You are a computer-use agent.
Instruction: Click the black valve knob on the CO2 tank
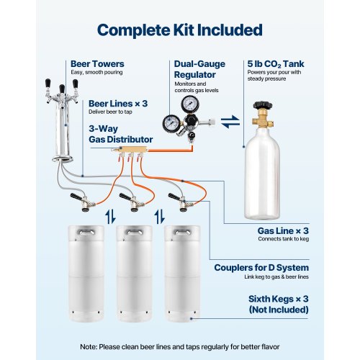[263, 106]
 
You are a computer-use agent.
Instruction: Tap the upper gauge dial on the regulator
[190, 104]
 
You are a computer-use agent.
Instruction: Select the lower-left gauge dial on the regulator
[171, 124]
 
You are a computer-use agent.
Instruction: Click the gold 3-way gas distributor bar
[129, 150]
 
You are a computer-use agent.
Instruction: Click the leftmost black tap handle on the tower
[48, 84]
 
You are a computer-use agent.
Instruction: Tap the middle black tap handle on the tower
[62, 89]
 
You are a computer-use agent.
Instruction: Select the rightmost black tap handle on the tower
[76, 84]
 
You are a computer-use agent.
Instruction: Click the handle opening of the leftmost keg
[86, 232]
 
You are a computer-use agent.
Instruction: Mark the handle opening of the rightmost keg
[182, 232]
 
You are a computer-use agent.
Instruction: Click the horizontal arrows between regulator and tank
[230, 122]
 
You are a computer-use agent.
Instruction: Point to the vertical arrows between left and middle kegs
[111, 216]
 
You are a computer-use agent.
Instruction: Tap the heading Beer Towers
[97, 64]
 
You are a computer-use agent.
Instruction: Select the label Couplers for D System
[261, 268]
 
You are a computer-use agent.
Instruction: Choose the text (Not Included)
[279, 310]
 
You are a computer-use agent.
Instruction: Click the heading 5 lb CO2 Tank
[276, 64]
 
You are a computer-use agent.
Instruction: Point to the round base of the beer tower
[62, 158]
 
